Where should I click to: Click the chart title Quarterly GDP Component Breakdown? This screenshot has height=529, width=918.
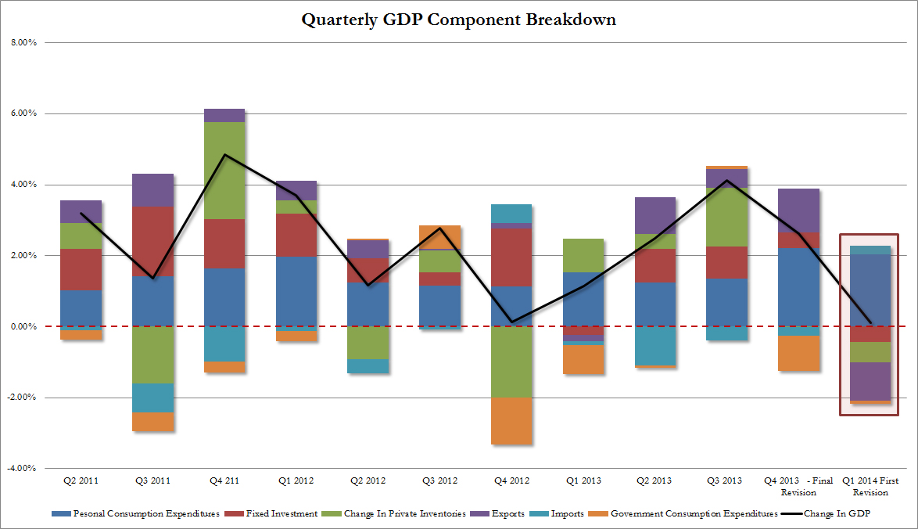458,20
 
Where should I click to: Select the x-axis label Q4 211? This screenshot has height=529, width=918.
224,480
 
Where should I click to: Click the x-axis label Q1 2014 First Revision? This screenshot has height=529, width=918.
870,486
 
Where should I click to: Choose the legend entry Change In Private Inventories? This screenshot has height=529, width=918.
403,513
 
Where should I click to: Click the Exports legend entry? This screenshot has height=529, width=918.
504,513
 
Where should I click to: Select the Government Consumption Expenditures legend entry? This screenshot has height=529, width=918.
686,513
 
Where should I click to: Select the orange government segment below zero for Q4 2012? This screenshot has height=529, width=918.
512,420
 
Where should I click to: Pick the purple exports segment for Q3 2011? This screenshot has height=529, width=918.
153,189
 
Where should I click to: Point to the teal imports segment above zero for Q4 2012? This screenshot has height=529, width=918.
512,213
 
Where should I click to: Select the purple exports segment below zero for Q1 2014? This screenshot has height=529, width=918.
870,381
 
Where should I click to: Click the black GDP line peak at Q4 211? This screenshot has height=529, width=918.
224,154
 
